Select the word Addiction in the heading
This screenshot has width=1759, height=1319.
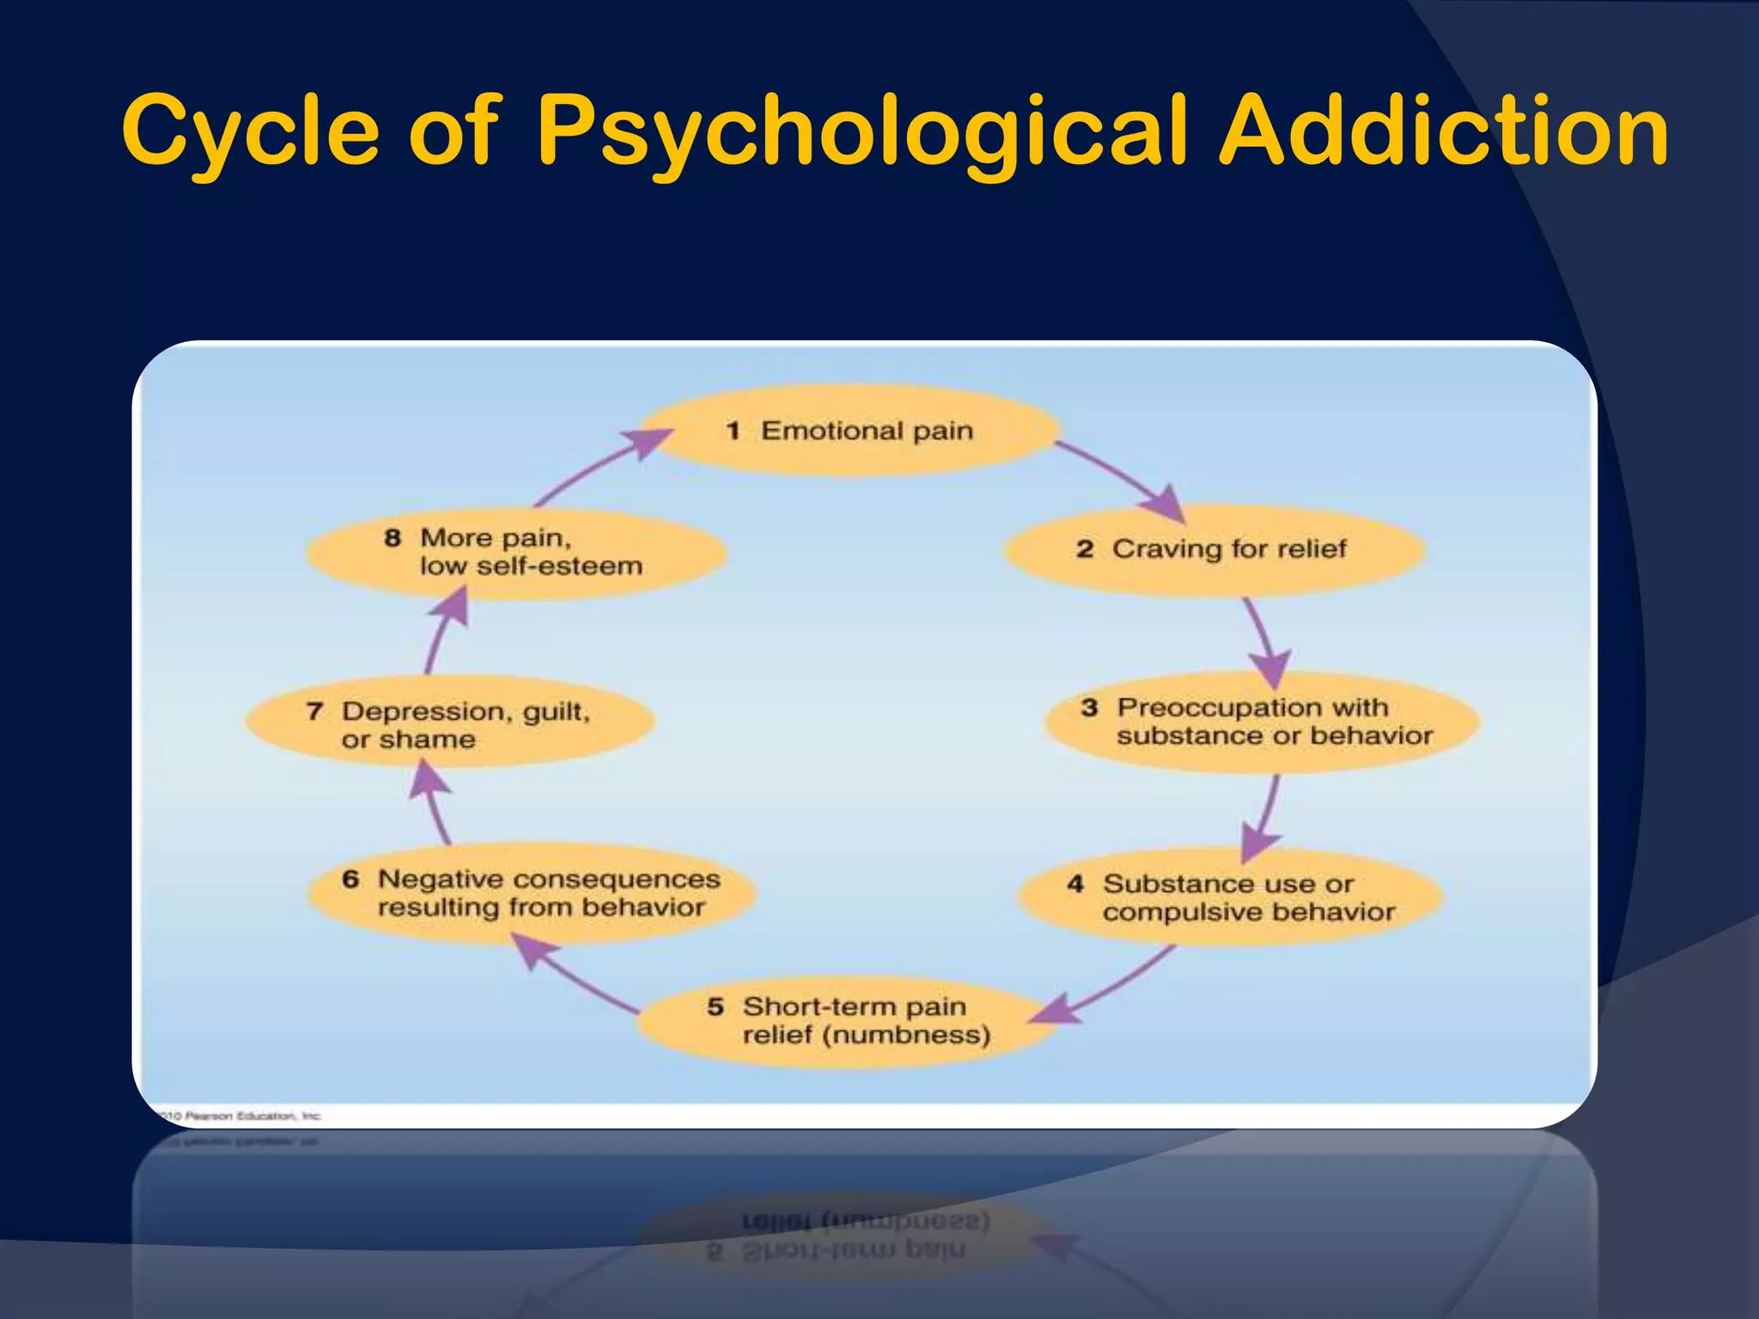[1444, 131]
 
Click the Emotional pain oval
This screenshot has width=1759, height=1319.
[850, 430]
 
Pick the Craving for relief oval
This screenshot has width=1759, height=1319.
[1214, 550]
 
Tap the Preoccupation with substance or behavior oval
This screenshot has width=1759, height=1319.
[1262, 721]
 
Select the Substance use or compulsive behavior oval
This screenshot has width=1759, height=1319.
[1231, 897]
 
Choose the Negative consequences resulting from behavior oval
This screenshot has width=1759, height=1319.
[533, 893]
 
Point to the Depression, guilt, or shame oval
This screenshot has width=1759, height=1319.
[450, 724]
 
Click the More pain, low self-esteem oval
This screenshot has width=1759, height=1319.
[515, 552]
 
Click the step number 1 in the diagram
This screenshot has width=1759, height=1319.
[733, 431]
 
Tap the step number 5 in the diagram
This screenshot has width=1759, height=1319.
[715, 1006]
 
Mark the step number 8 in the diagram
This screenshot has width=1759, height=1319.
[393, 538]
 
